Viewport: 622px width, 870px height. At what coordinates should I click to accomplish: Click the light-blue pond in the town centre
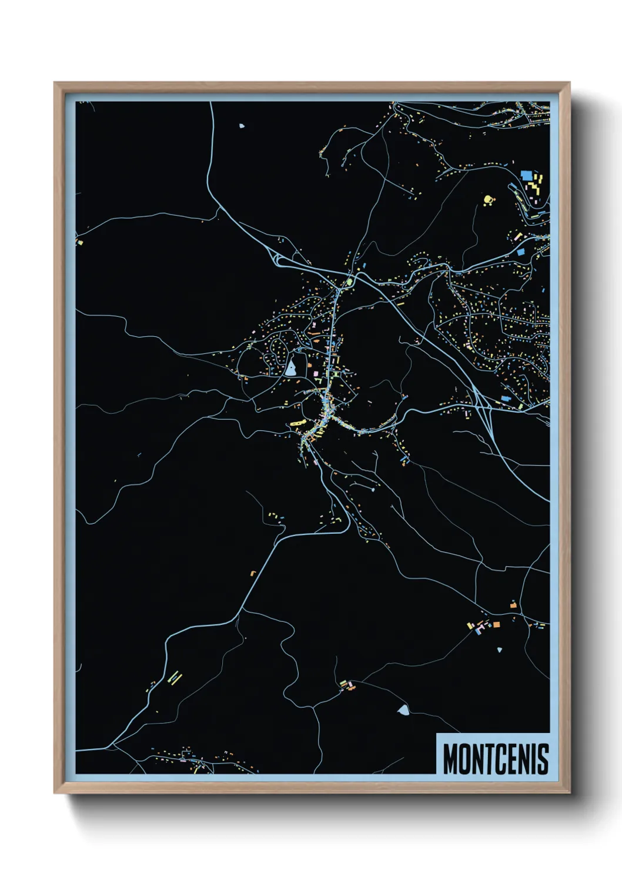[291, 369]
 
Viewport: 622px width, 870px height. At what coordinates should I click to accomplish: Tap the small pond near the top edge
[242, 126]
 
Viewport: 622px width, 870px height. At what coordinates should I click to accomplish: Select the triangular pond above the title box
[500, 650]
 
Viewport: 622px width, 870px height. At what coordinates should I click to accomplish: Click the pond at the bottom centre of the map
[403, 710]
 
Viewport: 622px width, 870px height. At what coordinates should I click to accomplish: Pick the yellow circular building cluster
[487, 200]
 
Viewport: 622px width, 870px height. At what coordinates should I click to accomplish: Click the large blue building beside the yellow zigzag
[526, 175]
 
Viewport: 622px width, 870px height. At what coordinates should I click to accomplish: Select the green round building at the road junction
[349, 282]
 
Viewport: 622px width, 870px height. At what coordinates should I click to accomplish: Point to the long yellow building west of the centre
[296, 423]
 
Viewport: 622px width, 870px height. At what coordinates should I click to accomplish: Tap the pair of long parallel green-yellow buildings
[175, 678]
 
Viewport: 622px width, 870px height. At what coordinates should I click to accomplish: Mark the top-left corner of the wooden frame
[55, 83]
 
